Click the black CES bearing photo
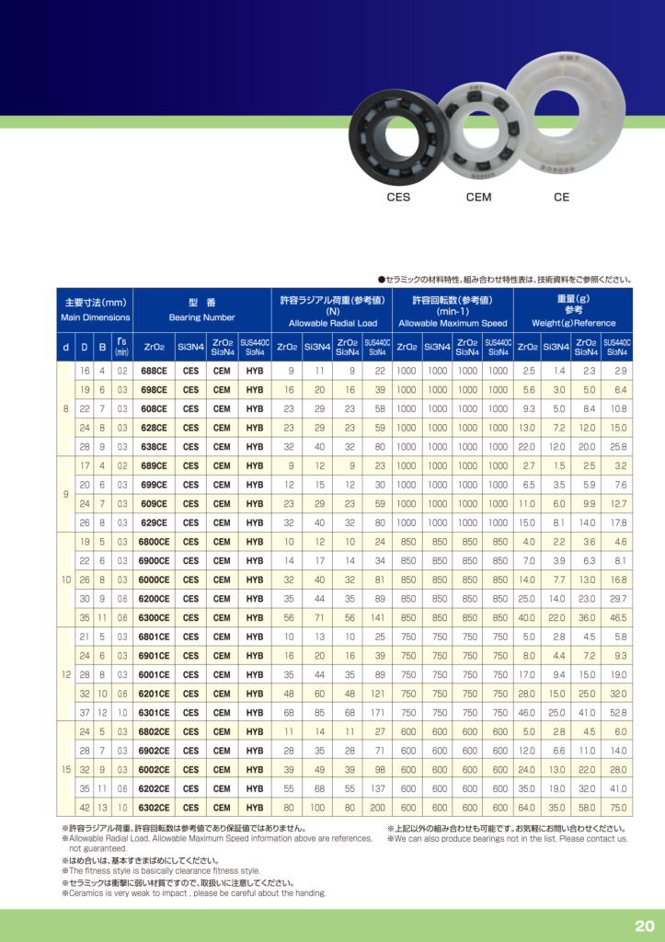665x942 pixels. [396, 136]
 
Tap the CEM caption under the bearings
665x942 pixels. [478, 197]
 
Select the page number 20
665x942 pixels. [644, 925]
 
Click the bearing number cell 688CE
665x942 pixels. [154, 371]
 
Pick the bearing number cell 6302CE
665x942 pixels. [154, 808]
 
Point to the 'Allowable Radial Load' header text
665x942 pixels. [333, 324]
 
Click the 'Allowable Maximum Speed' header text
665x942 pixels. [453, 324]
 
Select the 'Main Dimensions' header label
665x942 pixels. [96, 317]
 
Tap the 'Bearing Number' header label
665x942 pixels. [202, 317]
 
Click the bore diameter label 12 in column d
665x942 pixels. [65, 675]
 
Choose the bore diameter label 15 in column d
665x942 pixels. [65, 770]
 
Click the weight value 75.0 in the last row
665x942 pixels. [617, 808]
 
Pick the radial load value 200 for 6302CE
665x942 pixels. [377, 808]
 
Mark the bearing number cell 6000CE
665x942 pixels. [154, 580]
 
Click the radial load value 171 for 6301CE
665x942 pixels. [377, 713]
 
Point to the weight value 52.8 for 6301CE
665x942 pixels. [617, 713]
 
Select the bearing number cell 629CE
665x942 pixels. [154, 523]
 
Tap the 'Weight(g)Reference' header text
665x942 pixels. [573, 324]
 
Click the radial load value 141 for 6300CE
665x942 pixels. [377, 618]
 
